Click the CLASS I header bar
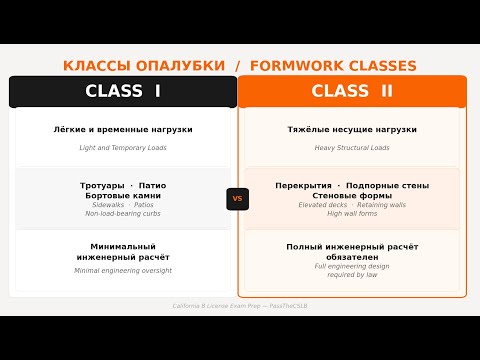[x=123, y=91]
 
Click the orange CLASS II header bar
[x=352, y=91]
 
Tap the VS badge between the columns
[x=237, y=198]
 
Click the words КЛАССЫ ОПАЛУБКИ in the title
[x=144, y=66]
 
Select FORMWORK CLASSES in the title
[x=333, y=66]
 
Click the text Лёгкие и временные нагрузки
[x=123, y=130]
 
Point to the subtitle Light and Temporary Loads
[x=123, y=148]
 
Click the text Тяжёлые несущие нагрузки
[x=352, y=130]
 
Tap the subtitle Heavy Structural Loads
[x=352, y=148]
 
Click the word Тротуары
[x=102, y=185]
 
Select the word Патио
[x=153, y=185]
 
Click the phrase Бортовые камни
[x=123, y=195]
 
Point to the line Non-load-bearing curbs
[x=123, y=214]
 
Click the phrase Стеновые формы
[x=352, y=195]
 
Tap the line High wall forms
[x=352, y=214]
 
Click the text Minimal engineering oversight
[x=123, y=270]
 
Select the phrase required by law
[x=352, y=275]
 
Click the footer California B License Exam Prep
[x=200, y=305]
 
